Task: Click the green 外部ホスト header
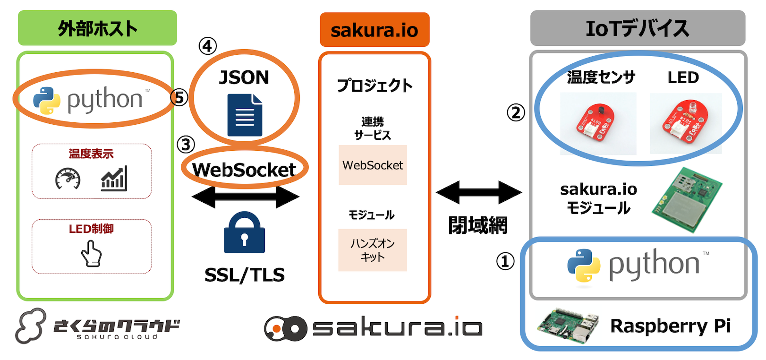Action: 97,28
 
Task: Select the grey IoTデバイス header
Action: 637,28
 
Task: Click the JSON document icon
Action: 245,115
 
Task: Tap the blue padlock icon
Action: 244,233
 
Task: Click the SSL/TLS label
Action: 244,275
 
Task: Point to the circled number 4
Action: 207,46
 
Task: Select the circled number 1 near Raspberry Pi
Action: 505,261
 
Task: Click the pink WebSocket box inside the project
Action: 373,165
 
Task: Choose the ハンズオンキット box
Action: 373,250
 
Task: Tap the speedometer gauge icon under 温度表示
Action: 68,179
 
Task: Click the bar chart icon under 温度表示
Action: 114,179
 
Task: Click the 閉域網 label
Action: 477,225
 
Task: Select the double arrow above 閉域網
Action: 478,192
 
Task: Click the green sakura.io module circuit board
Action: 687,200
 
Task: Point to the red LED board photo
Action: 685,123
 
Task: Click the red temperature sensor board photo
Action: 598,123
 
